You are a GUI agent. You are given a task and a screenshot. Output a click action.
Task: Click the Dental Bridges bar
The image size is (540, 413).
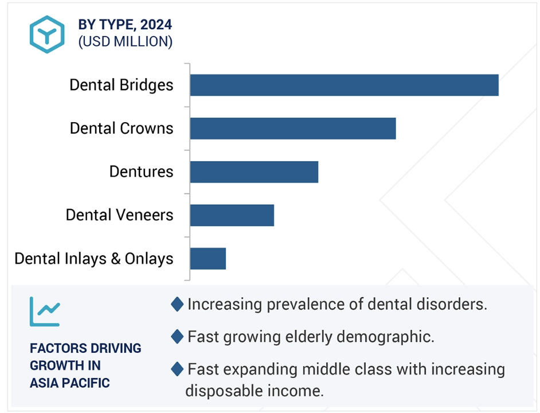click(x=345, y=85)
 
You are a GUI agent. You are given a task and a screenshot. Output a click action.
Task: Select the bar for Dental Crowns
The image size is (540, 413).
click(x=293, y=128)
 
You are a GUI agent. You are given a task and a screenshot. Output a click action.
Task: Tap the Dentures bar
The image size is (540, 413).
click(x=254, y=172)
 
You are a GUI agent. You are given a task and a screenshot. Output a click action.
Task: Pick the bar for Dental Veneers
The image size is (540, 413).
click(x=232, y=216)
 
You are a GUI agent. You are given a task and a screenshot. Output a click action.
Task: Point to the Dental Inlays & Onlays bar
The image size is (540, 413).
click(x=208, y=259)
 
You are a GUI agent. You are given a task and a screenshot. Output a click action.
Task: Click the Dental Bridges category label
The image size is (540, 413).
click(x=121, y=85)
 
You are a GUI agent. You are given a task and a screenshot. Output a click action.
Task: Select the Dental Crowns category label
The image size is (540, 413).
click(x=122, y=128)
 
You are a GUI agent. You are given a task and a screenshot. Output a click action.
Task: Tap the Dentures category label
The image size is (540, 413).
click(x=141, y=172)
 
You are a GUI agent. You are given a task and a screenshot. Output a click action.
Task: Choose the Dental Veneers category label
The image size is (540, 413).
click(x=119, y=215)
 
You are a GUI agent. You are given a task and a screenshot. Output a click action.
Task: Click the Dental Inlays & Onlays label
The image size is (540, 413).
click(x=93, y=259)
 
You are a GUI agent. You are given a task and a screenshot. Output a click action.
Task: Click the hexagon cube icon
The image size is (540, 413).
click(x=47, y=34)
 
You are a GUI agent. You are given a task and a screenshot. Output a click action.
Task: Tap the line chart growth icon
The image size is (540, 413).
click(x=45, y=311)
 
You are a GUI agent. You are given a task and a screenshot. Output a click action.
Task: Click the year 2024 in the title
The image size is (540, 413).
click(x=156, y=25)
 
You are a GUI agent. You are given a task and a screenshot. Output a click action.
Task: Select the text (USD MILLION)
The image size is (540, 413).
click(x=126, y=42)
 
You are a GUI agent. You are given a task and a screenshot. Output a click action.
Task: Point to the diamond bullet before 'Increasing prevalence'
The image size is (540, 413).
click(x=177, y=305)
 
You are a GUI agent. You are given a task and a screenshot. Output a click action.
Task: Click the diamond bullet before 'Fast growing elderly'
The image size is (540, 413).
click(x=177, y=337)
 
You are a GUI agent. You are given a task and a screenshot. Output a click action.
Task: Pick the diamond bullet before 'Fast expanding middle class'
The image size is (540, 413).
click(x=177, y=369)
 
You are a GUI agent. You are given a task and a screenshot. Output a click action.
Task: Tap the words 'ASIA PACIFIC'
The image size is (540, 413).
click(x=69, y=383)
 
